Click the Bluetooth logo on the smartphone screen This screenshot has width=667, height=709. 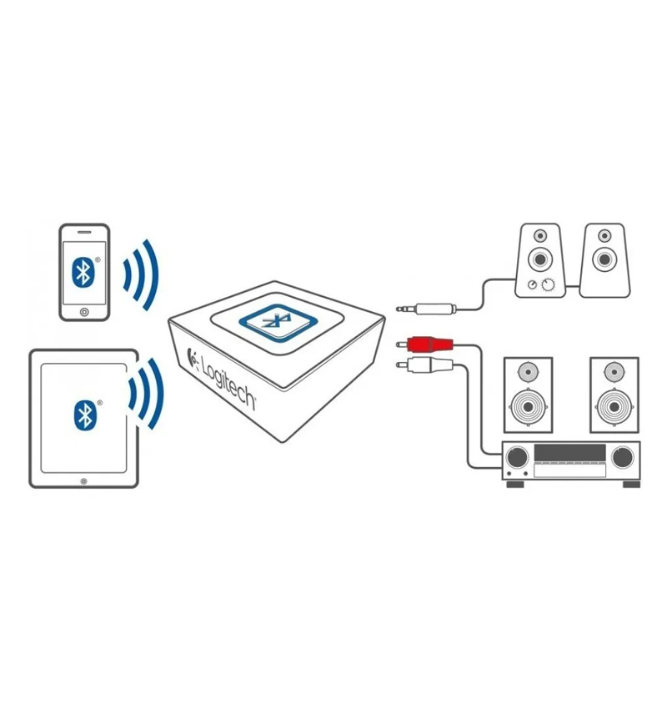pos(82,271)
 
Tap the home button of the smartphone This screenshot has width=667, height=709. pos(83,313)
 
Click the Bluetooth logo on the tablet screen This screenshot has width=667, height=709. pos(83,414)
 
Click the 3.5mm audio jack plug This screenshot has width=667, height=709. pos(425,309)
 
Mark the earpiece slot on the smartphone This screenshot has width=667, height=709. pos(83,230)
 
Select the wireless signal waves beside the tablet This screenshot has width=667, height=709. pos(145,389)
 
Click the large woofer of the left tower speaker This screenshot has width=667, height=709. pos(527,409)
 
